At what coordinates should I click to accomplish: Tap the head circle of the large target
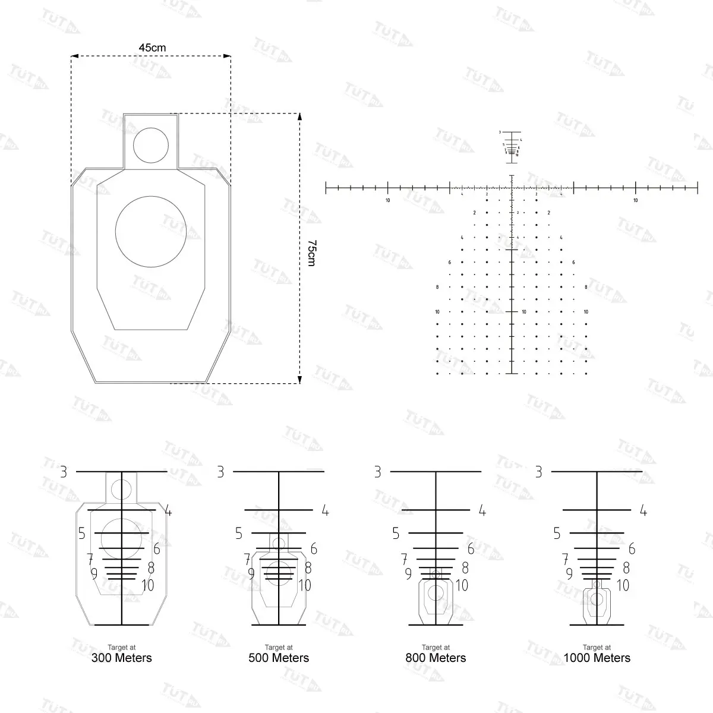click(151, 145)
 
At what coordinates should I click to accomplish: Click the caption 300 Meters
click(121, 658)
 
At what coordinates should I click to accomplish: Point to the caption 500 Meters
click(279, 658)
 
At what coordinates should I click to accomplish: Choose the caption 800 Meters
click(436, 658)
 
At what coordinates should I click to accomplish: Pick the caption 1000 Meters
click(597, 658)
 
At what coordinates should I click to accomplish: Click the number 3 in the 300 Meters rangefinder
click(64, 472)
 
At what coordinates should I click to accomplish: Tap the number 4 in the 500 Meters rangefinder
click(325, 510)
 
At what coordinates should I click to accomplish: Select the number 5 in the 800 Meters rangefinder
click(396, 534)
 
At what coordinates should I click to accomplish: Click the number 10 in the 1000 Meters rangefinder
click(623, 585)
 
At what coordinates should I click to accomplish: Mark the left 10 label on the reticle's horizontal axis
click(387, 201)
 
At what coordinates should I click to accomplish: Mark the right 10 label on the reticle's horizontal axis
click(635, 201)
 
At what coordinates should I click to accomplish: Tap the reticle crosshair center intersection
click(512, 188)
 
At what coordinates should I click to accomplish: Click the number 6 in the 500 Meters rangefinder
click(314, 549)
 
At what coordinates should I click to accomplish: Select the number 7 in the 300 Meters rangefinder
click(90, 559)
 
